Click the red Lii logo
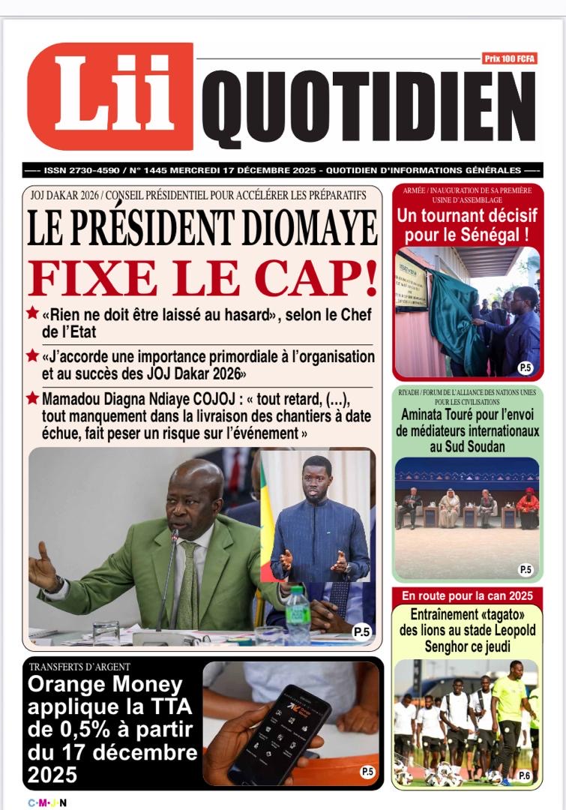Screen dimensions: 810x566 coord(110,97)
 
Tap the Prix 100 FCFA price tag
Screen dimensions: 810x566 coord(510,58)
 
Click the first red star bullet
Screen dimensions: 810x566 coord(32,313)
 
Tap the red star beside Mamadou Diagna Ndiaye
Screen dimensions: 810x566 coord(32,399)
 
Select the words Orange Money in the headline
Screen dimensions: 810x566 coord(105,684)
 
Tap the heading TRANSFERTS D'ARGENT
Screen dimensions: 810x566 coord(79,667)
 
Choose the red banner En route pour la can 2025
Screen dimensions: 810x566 coord(466,596)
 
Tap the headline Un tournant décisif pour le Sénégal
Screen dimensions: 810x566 coord(467,226)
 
